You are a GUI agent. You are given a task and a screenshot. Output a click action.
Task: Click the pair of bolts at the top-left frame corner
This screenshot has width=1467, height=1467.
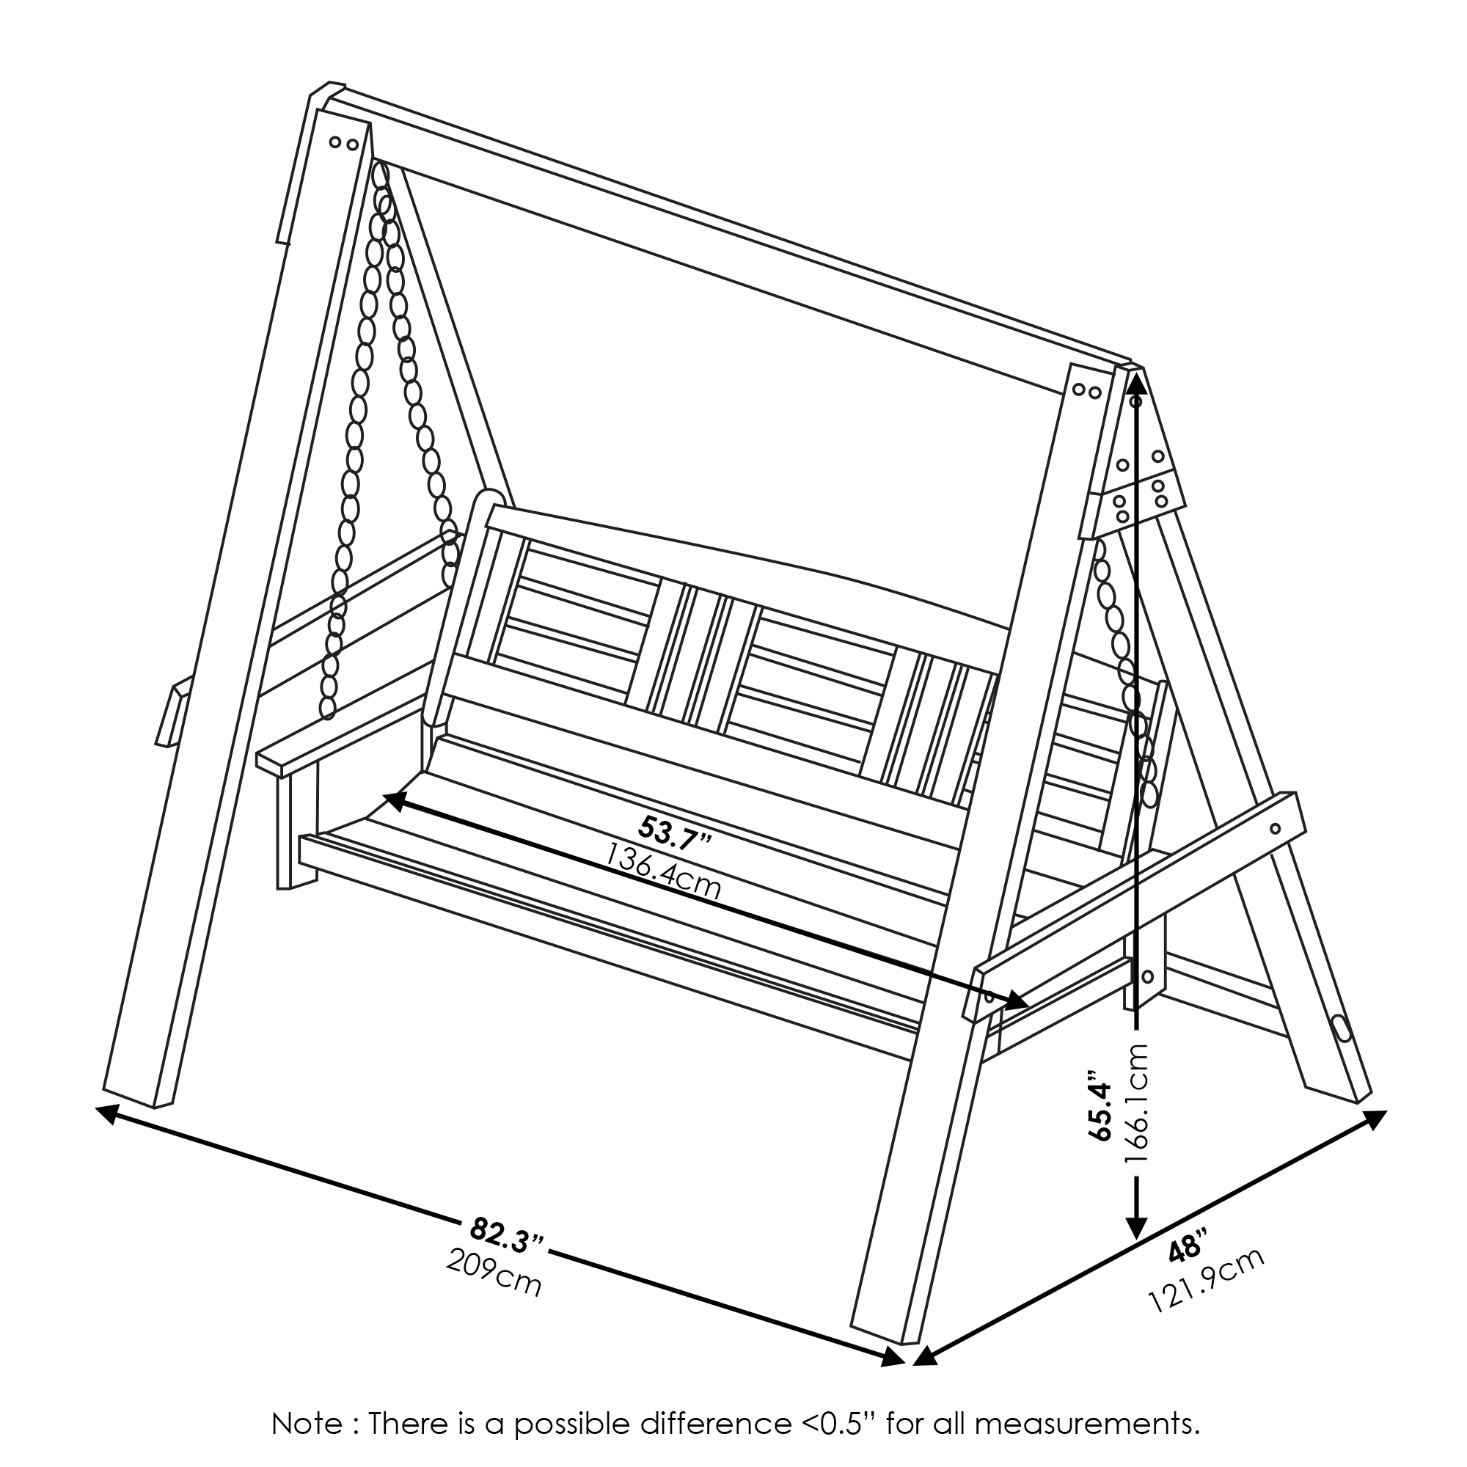[x=343, y=143]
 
